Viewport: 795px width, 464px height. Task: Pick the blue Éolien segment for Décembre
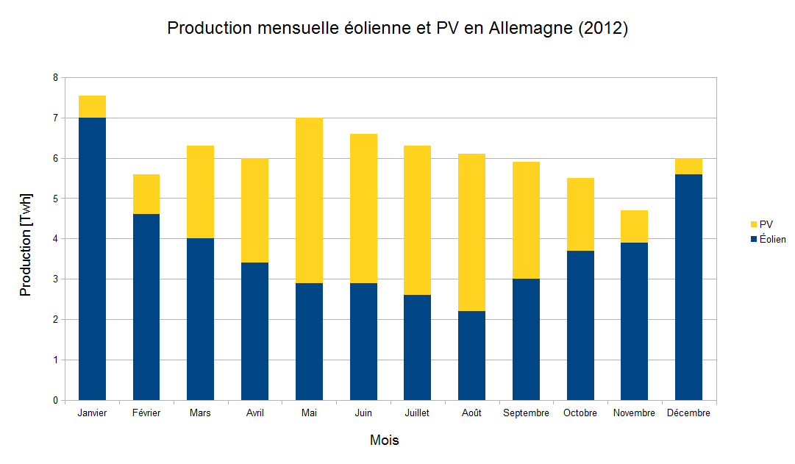click(688, 287)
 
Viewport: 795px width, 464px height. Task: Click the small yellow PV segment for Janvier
click(92, 107)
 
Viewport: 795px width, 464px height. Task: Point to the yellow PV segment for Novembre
click(634, 226)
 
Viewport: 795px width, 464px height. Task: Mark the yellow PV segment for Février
click(146, 194)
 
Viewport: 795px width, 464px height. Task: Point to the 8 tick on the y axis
click(54, 77)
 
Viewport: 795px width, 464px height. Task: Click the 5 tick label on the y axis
click(54, 199)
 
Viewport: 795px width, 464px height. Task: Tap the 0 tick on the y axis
click(54, 401)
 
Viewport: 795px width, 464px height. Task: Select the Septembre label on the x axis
click(526, 413)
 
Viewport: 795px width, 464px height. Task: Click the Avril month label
click(254, 413)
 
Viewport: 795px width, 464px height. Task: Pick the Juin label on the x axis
click(363, 413)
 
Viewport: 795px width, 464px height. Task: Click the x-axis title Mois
click(385, 440)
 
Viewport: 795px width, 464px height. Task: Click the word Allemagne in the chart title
click(532, 29)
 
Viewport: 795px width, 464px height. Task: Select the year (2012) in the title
click(603, 29)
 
